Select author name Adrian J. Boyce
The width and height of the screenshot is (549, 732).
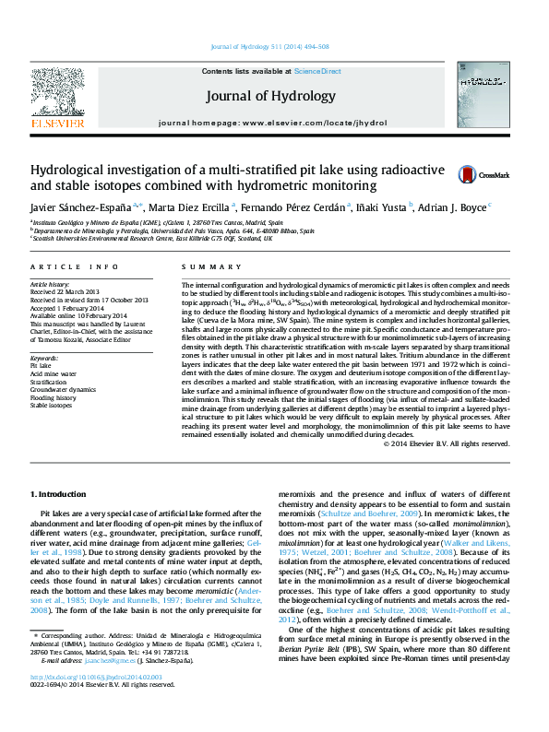click(456, 207)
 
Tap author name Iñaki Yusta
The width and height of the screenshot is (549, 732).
click(382, 207)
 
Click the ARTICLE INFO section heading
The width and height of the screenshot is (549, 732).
click(75, 267)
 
